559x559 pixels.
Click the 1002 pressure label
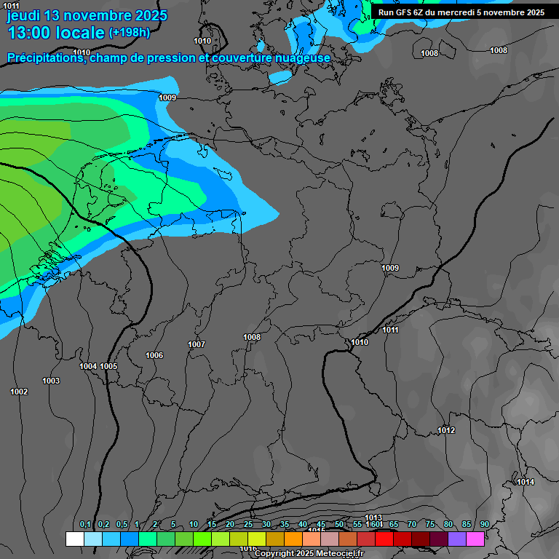(x=19, y=392)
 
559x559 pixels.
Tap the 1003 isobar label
(x=51, y=381)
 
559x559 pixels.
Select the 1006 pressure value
(x=154, y=355)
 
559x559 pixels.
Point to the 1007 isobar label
(x=197, y=344)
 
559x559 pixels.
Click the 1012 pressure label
(x=446, y=430)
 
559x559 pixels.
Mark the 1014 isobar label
(x=526, y=482)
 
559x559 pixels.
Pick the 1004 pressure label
(x=88, y=366)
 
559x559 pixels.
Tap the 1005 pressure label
(x=108, y=366)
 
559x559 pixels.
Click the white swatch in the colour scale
(x=74, y=539)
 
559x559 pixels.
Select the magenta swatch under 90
(x=475, y=539)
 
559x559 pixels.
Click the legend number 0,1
(x=85, y=525)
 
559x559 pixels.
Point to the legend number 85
(x=466, y=525)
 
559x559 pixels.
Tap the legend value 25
(x=248, y=525)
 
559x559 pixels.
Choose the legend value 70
(x=412, y=525)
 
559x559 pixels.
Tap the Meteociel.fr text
(x=341, y=554)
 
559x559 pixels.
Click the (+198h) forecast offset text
(x=129, y=32)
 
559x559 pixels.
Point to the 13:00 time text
(x=28, y=33)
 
